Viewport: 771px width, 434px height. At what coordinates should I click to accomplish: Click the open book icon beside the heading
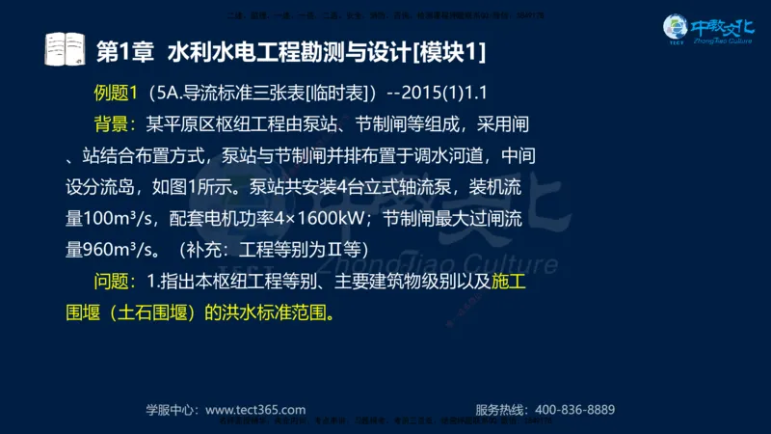point(66,48)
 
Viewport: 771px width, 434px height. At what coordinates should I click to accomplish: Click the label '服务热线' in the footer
point(504,409)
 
